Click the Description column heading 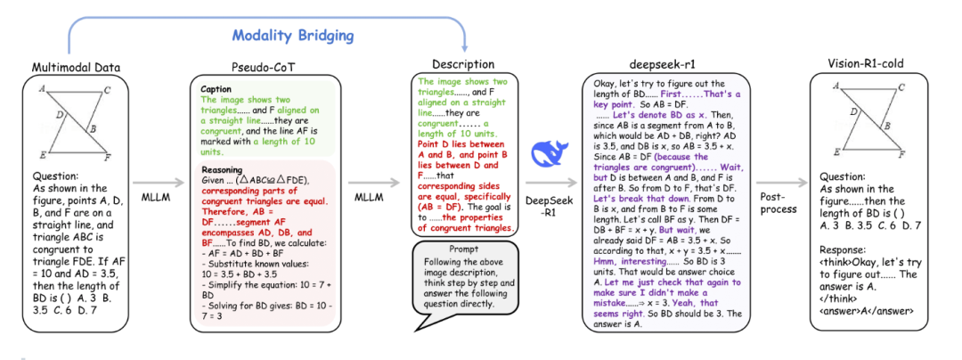[463, 64]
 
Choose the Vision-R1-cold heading [865, 65]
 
